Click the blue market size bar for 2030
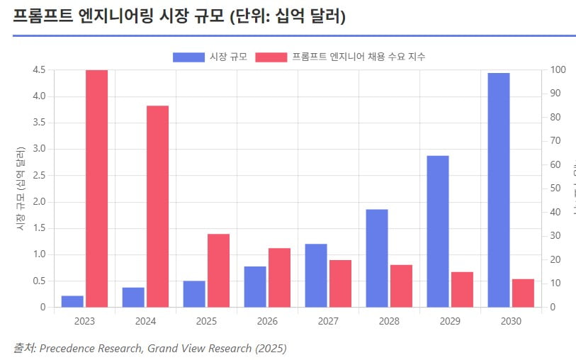tap(499, 190)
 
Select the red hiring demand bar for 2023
tap(96, 189)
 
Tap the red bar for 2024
tap(157, 206)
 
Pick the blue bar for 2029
tap(438, 231)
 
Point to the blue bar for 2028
tap(377, 258)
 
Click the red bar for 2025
tap(218, 271)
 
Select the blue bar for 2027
tap(316, 276)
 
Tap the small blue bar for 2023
tap(72, 301)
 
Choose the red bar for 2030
tap(523, 293)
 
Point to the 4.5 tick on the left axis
tap(39, 69)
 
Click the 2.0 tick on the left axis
tap(39, 202)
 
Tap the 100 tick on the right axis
tap(558, 69)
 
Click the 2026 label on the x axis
tap(267, 321)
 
